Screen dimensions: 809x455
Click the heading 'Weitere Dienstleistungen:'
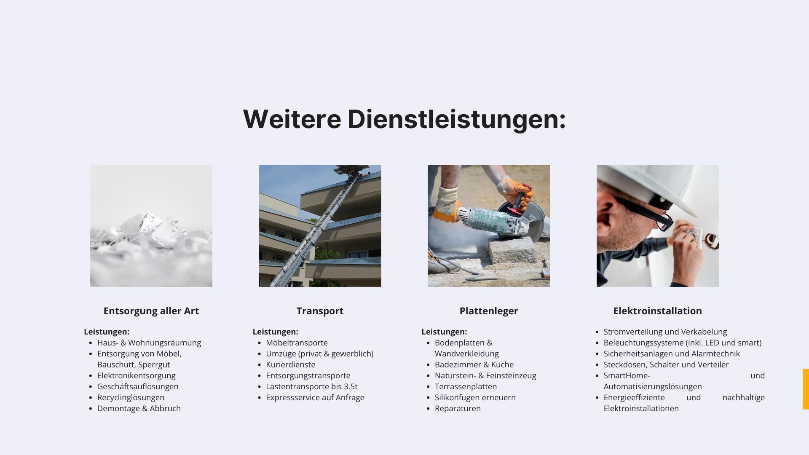pos(404,119)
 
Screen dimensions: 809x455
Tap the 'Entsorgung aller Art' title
pos(151,311)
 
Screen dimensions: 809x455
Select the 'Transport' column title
pos(320,311)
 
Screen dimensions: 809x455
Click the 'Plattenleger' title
pos(489,311)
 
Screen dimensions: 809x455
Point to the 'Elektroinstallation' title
pos(658,311)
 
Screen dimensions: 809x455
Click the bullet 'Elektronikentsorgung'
pos(137,375)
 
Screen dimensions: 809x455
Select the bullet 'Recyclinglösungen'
pos(131,397)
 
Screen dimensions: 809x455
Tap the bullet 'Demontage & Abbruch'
pos(139,408)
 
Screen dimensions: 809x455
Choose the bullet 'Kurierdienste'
pos(291,364)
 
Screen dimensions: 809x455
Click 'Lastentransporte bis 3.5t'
pos(312,386)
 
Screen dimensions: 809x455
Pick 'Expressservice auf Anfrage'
pos(315,397)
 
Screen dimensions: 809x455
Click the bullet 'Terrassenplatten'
pos(466,386)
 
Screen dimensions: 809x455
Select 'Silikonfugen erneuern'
pos(475,397)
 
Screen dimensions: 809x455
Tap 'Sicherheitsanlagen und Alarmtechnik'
pos(672,353)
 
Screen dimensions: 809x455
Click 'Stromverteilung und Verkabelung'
pos(665,332)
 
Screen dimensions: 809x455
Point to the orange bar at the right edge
pos(806,389)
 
